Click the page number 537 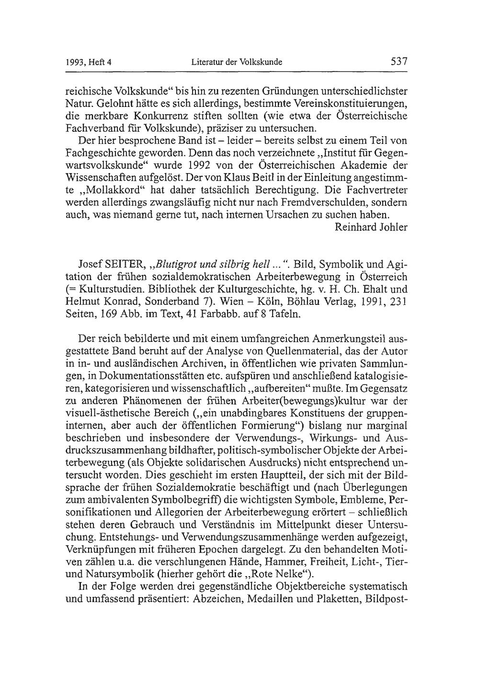coord(399,61)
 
